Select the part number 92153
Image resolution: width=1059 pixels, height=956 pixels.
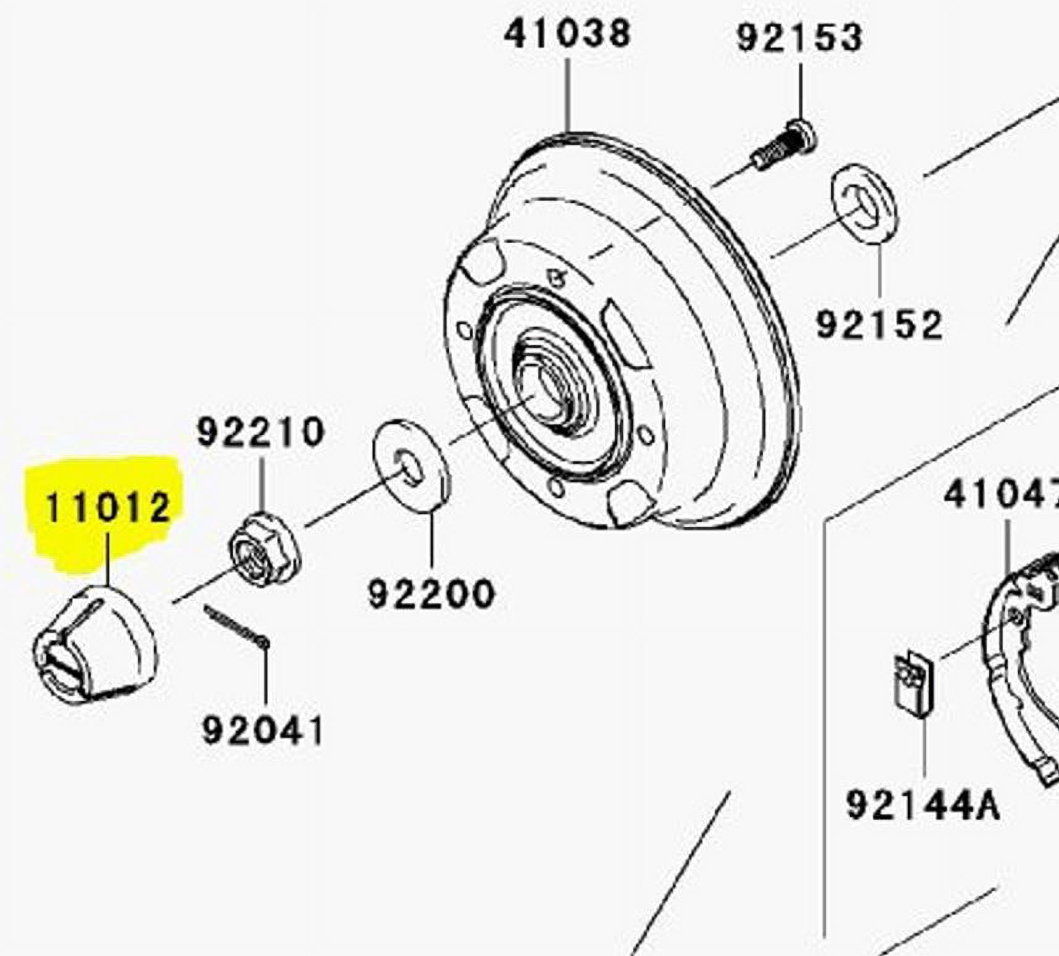[x=800, y=38]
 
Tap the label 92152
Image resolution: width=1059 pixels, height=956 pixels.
[x=879, y=325]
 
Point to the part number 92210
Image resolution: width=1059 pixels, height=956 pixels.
[x=261, y=432]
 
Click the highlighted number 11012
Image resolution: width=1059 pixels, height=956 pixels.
[x=108, y=508]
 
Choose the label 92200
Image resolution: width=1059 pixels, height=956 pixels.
[x=431, y=594]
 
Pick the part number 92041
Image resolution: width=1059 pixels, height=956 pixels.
[x=263, y=731]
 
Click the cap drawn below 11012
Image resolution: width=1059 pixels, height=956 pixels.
[x=96, y=645]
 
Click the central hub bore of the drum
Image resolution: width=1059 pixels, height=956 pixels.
[x=544, y=389]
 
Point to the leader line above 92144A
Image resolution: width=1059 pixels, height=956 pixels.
[x=924, y=747]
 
